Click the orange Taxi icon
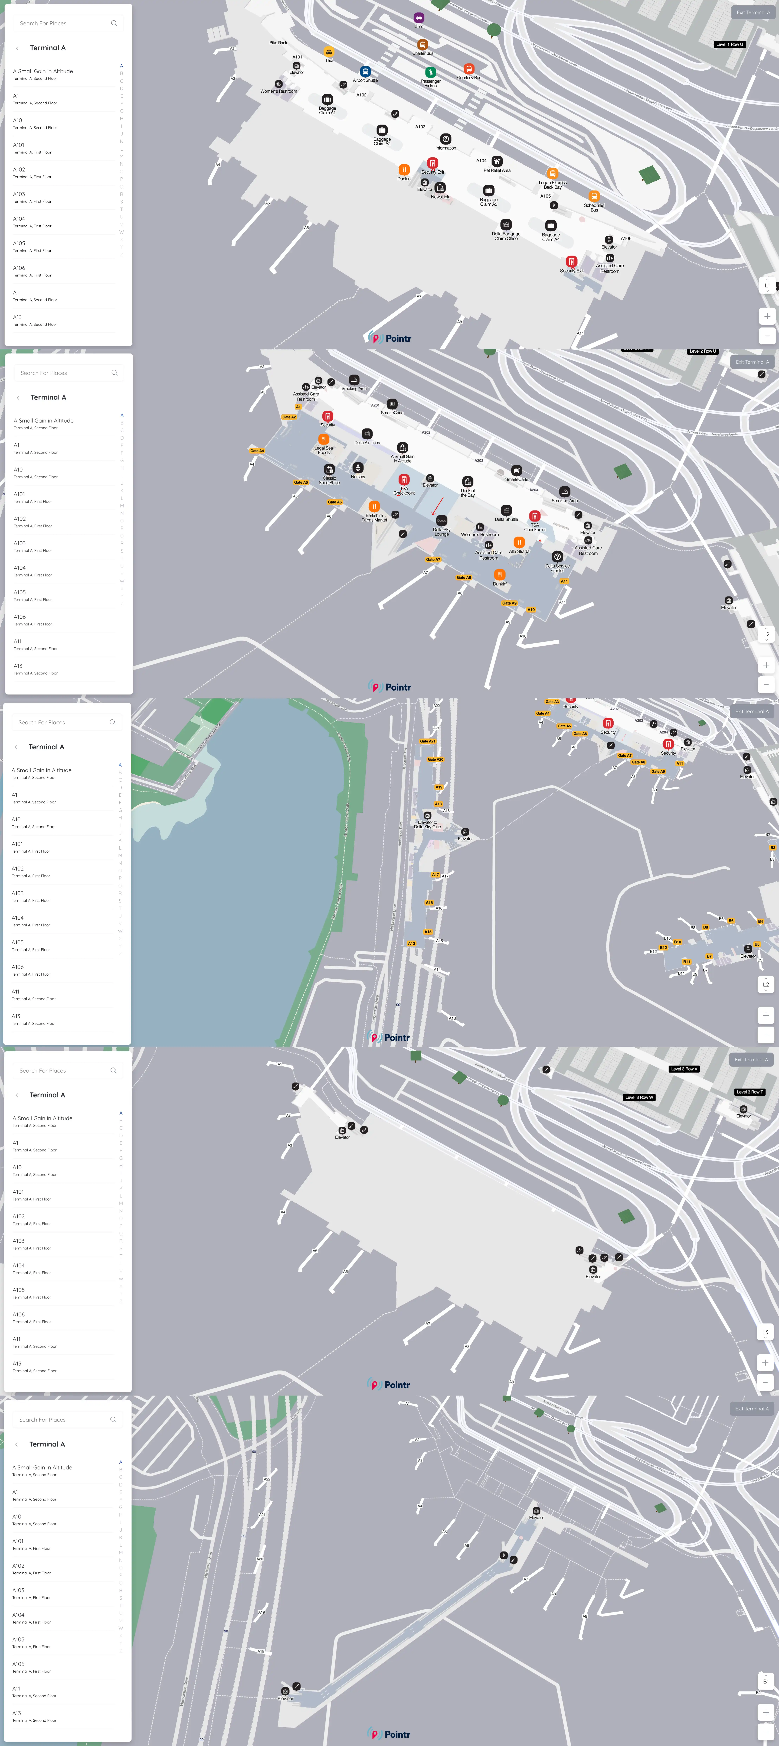(x=329, y=52)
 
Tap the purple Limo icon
(x=419, y=18)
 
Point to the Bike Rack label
(x=278, y=43)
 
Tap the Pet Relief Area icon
(x=497, y=161)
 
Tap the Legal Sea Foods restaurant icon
(x=324, y=439)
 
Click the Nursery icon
(x=358, y=468)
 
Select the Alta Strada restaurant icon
(x=519, y=542)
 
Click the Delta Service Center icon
(x=558, y=556)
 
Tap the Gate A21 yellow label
(x=427, y=741)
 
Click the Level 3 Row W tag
(x=639, y=1097)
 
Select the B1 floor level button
(x=765, y=1681)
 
